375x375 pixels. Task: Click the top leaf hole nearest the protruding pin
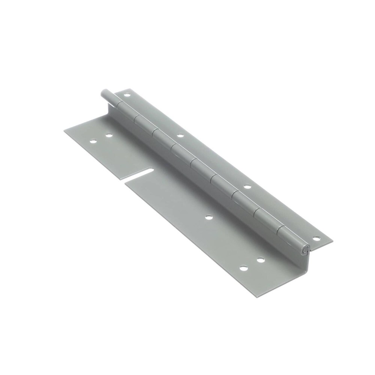(x=127, y=95)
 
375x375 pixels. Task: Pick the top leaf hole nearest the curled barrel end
(x=316, y=238)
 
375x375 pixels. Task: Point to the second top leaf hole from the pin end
(x=180, y=135)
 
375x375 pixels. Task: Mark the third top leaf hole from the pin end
(x=247, y=186)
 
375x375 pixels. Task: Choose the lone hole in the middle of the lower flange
(x=208, y=217)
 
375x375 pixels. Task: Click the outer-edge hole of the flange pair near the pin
(x=93, y=142)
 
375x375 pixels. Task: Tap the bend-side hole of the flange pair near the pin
(x=109, y=135)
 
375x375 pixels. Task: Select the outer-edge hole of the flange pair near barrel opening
(x=244, y=268)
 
